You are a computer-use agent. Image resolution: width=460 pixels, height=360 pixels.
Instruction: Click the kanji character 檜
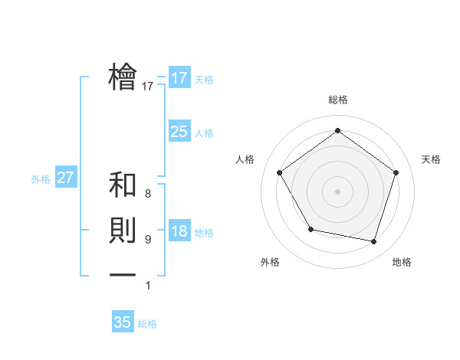click(x=123, y=77)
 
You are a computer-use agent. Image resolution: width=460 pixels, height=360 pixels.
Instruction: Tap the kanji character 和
click(x=123, y=186)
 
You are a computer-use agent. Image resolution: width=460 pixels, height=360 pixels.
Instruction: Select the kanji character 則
click(x=123, y=231)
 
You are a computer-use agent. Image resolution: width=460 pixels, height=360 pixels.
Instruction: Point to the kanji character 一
click(x=123, y=274)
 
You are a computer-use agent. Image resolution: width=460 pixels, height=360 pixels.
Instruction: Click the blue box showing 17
click(x=179, y=78)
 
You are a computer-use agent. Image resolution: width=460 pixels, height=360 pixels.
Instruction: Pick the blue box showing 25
click(x=179, y=132)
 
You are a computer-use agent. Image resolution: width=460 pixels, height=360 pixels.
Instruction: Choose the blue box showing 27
click(x=65, y=178)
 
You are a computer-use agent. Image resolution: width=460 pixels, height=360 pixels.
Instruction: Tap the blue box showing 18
click(x=179, y=231)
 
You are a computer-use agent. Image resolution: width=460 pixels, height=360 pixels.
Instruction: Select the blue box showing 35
click(x=123, y=322)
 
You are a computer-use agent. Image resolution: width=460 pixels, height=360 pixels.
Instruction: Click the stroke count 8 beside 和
click(x=147, y=194)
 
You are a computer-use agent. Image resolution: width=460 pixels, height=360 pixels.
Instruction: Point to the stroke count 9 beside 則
click(x=147, y=240)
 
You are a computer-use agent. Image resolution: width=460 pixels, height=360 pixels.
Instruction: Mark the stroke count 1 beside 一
click(x=147, y=286)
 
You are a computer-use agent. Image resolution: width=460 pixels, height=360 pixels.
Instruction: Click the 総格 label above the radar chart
click(x=338, y=100)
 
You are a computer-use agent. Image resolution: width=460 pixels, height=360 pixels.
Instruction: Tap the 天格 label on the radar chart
click(x=431, y=159)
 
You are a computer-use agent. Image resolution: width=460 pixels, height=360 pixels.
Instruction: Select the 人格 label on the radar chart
click(x=245, y=159)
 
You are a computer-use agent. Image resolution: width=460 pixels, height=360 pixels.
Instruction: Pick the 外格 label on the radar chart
click(x=269, y=262)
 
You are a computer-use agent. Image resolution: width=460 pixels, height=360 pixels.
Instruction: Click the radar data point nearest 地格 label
click(x=374, y=242)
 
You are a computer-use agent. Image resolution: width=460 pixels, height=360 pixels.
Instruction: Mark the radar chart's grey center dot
click(x=337, y=191)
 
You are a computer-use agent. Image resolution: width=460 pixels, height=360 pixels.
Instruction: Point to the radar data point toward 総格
click(x=337, y=131)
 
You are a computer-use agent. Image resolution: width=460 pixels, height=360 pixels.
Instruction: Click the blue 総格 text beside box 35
click(x=147, y=324)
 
